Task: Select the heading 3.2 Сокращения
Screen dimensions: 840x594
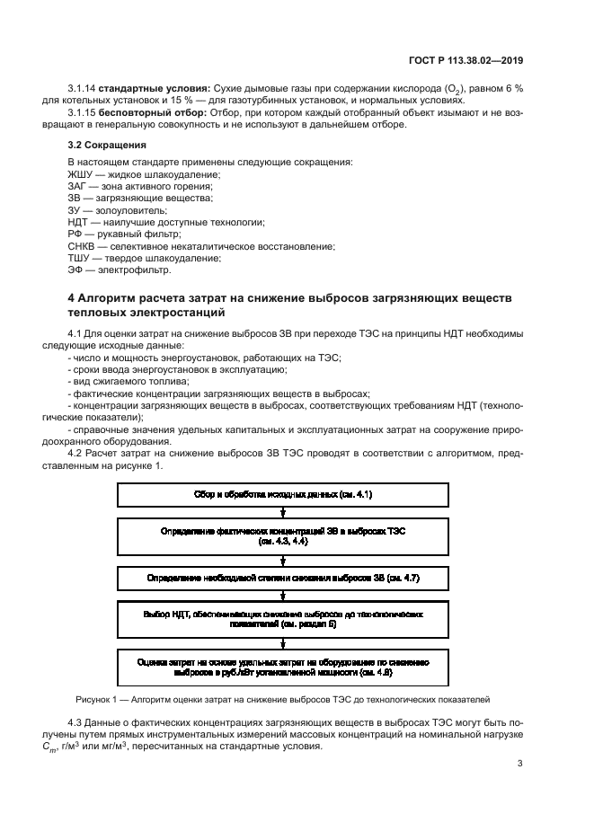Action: pos(107,144)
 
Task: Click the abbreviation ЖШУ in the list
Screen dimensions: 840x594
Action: pos(82,173)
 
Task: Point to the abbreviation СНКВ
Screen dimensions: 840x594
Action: pos(84,245)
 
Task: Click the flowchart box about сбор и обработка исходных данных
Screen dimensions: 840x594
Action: pos(283,495)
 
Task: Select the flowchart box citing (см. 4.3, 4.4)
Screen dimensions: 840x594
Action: pos(283,537)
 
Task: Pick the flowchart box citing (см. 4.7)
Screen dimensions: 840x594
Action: pos(283,579)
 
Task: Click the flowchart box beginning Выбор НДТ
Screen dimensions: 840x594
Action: pos(283,620)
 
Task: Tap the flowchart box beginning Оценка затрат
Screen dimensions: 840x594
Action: pos(283,666)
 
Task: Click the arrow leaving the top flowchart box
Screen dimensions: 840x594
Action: pos(283,513)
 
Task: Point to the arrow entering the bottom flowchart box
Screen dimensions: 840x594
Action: pos(283,642)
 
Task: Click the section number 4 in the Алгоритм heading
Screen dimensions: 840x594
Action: pos(72,298)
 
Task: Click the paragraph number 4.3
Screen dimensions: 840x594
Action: pos(77,721)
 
